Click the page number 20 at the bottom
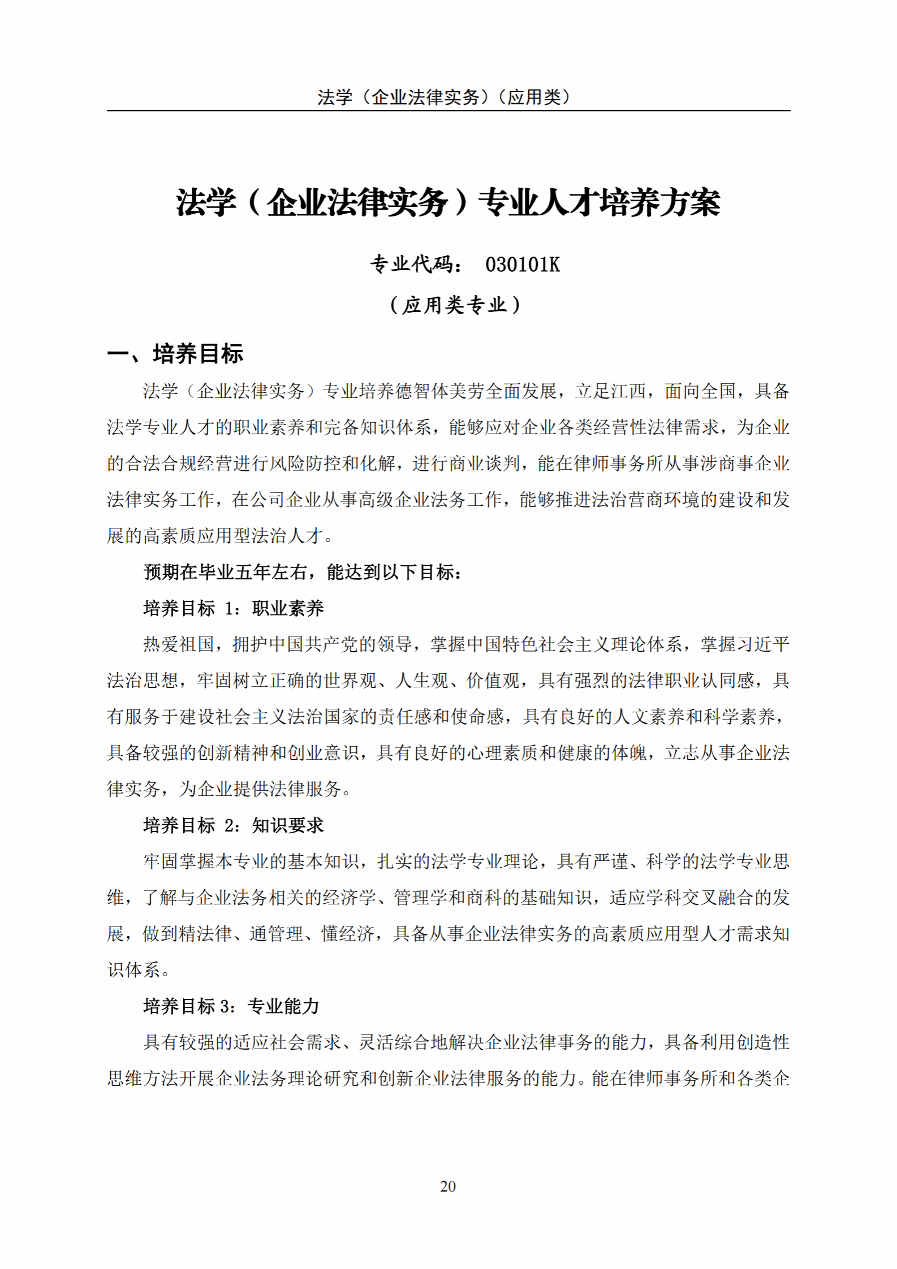pos(447,1186)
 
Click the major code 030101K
pos(522,265)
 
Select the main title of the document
pos(448,202)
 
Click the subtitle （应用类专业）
pos(455,305)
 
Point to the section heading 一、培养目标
pos(175,354)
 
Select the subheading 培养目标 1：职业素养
pos(233,608)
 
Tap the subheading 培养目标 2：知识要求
pos(233,825)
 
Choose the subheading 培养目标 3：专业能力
pos(231,1006)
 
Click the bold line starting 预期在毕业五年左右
pos(303,572)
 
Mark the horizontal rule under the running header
pos(448,111)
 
